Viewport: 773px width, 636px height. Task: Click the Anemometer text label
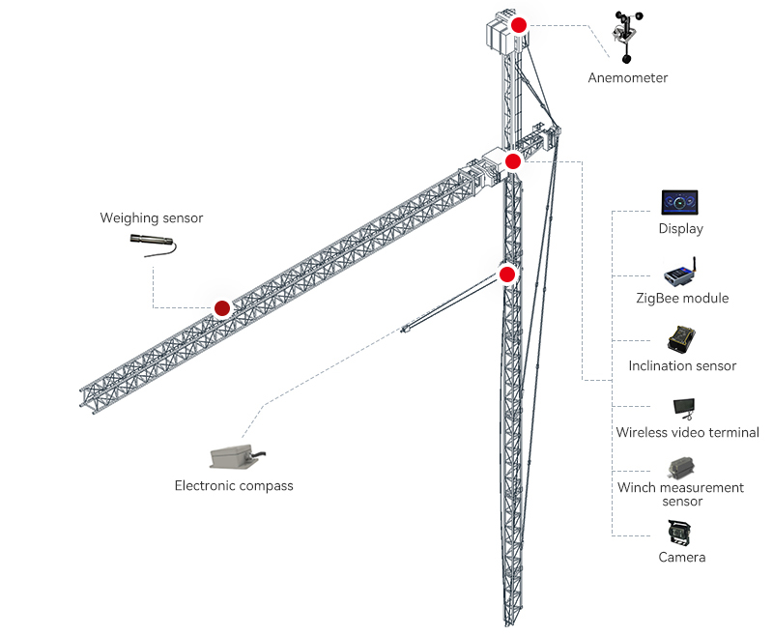pyautogui.click(x=627, y=77)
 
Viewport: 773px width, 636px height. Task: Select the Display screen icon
pyautogui.click(x=680, y=203)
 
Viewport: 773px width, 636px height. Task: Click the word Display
pyautogui.click(x=680, y=229)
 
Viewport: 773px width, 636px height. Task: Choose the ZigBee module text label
pyautogui.click(x=682, y=298)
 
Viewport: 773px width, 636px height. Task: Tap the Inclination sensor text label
pyautogui.click(x=682, y=365)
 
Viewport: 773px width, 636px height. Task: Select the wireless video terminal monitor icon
pyautogui.click(x=684, y=408)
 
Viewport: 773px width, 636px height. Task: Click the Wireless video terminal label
pyautogui.click(x=687, y=432)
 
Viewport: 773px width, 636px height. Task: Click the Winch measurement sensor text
pyautogui.click(x=681, y=494)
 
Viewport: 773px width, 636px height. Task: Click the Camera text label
pyautogui.click(x=681, y=557)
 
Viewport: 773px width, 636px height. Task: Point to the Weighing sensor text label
pyautogui.click(x=152, y=218)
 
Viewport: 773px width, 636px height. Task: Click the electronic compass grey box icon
pyautogui.click(x=234, y=455)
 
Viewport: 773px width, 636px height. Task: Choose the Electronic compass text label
pyautogui.click(x=233, y=485)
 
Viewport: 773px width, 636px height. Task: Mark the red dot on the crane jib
pyautogui.click(x=222, y=308)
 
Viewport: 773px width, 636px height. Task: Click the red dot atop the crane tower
pyautogui.click(x=519, y=26)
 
